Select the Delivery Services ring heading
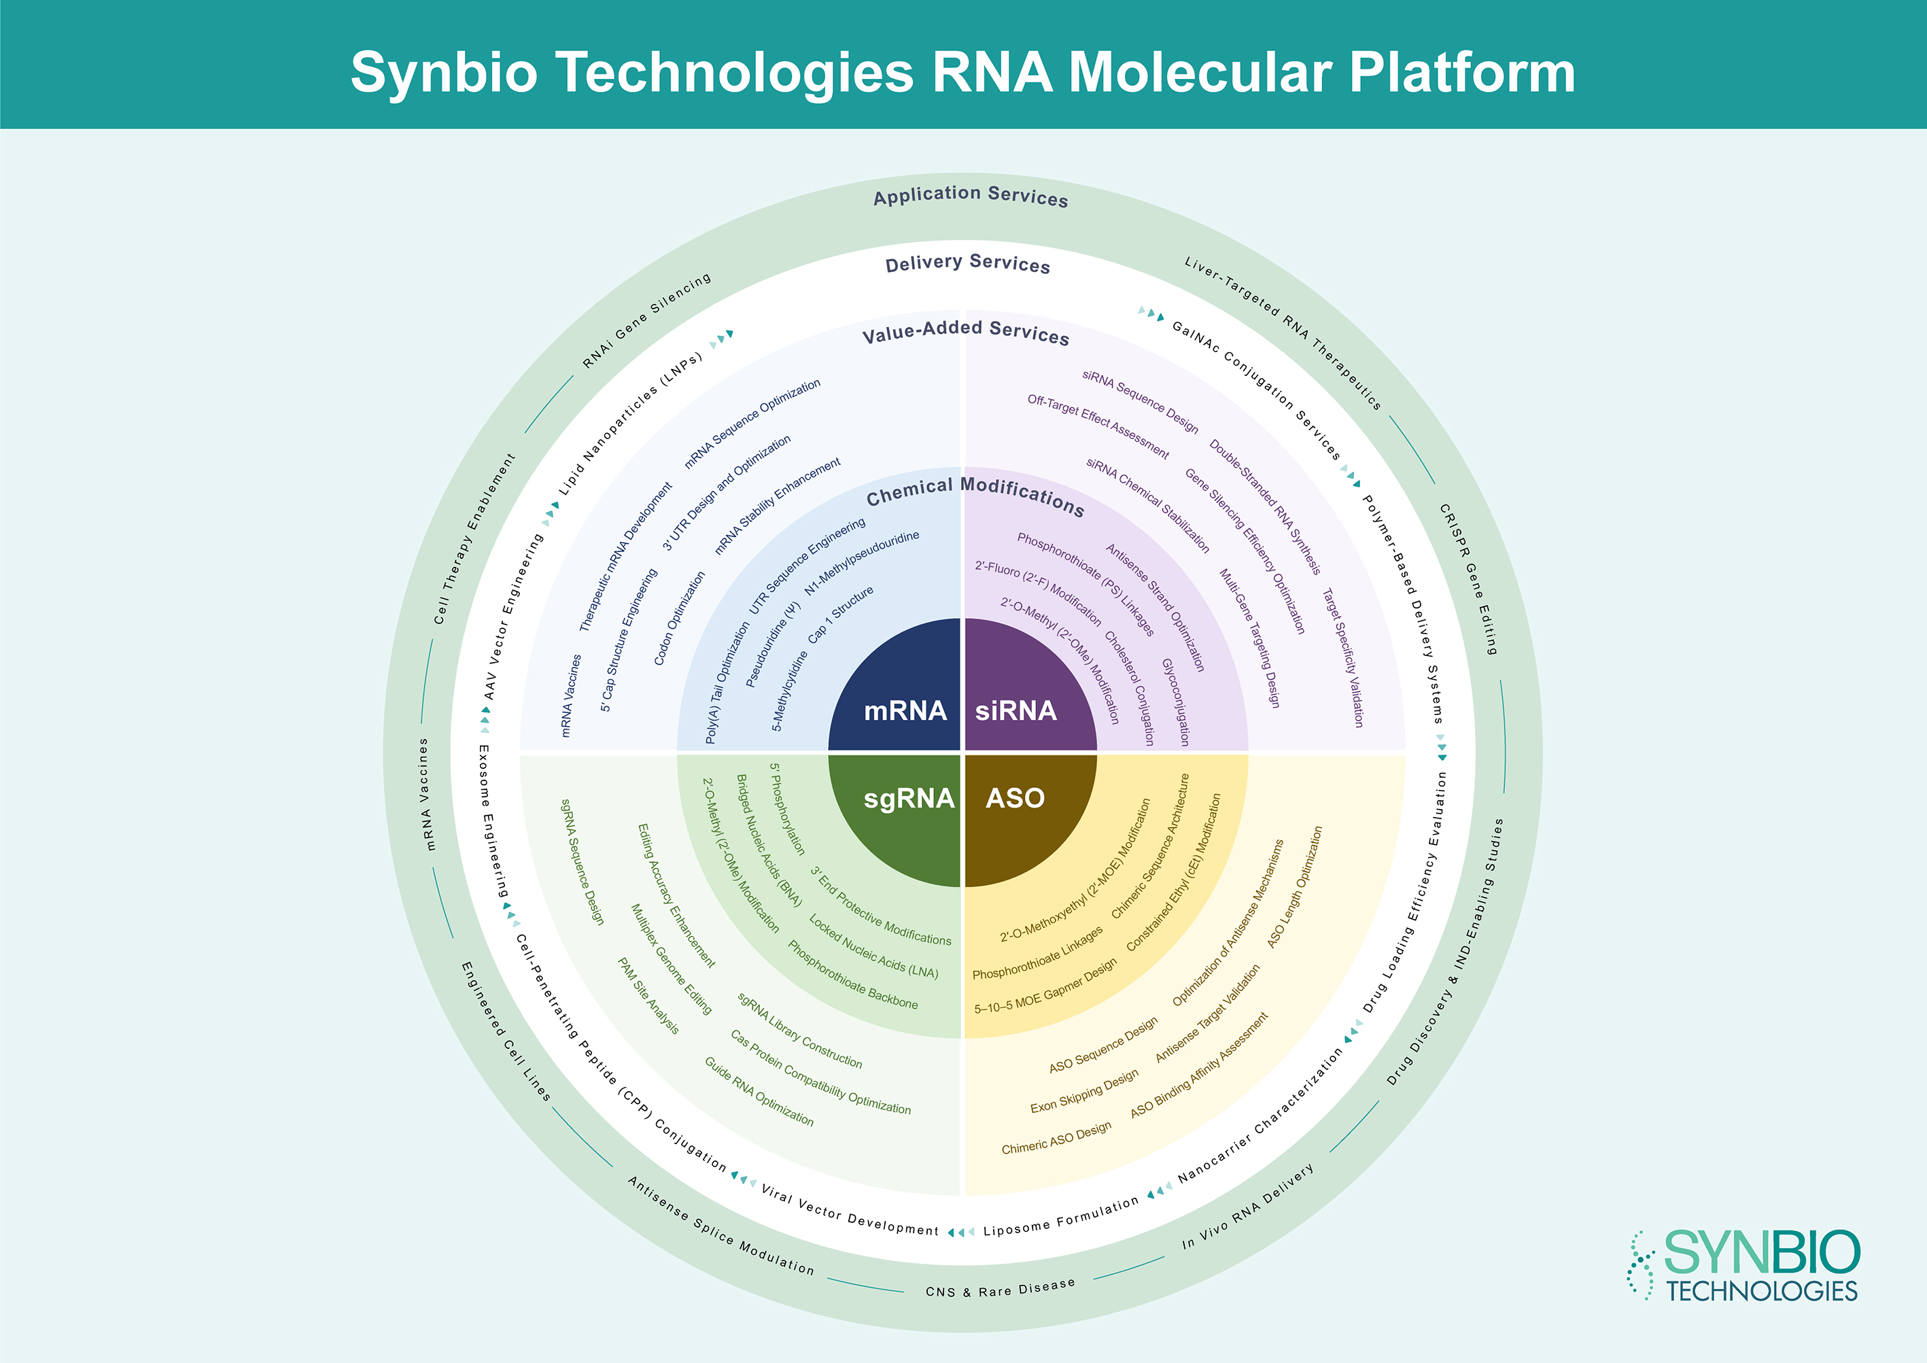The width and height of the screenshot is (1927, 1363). click(968, 264)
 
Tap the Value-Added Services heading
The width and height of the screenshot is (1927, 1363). click(965, 332)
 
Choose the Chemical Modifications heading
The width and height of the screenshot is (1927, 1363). click(975, 495)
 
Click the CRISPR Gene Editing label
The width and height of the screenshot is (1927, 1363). click(1468, 579)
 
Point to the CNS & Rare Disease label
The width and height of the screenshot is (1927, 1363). click(1000, 1288)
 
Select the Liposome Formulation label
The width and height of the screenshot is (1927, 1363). click(1061, 1217)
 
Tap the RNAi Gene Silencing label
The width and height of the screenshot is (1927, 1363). click(647, 320)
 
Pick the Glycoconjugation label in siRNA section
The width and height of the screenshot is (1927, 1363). click(1176, 702)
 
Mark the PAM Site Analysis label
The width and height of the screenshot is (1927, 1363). click(648, 995)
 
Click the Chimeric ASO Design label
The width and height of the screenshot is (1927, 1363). click(1056, 1138)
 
